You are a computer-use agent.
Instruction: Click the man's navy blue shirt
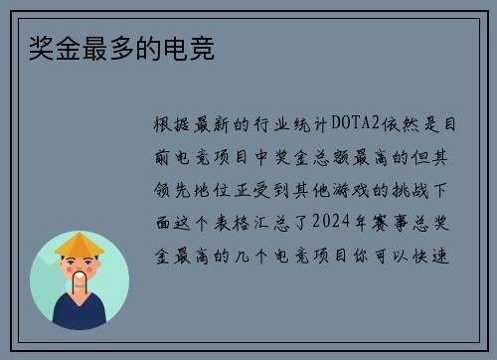(80, 314)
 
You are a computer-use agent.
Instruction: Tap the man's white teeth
(80, 274)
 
